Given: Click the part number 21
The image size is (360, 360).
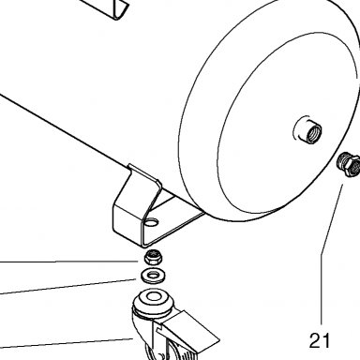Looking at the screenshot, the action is [320, 340].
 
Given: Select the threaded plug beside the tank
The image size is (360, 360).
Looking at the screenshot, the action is [349, 165].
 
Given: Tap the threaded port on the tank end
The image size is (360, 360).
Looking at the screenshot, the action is [307, 129].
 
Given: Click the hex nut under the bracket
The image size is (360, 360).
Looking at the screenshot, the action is [152, 258].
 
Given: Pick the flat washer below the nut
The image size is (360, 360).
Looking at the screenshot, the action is [153, 276].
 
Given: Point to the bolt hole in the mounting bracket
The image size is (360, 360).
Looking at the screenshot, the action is [152, 222].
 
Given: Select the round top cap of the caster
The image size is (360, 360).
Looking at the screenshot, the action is [153, 301].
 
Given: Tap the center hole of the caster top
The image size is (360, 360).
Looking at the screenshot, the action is [153, 296].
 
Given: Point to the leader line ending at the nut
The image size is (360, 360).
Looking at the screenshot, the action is [68, 262].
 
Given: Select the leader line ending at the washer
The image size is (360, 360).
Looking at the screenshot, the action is [68, 287].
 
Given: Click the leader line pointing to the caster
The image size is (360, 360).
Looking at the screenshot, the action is [67, 343].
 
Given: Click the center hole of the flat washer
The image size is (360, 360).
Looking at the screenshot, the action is [153, 276].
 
